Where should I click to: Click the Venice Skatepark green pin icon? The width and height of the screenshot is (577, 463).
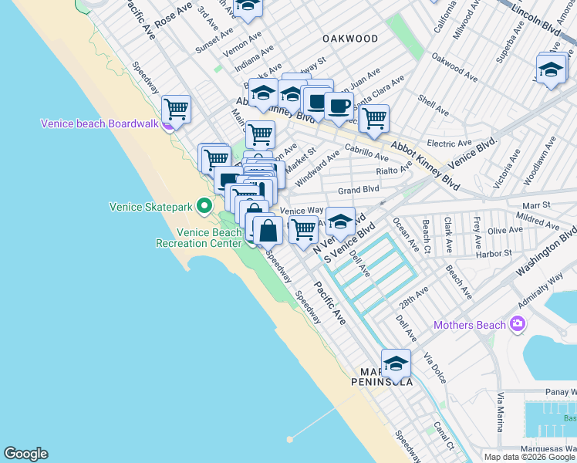(x=204, y=206)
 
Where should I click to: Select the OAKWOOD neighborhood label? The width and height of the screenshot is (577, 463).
(x=350, y=39)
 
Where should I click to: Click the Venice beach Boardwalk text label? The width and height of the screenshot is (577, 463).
(x=99, y=123)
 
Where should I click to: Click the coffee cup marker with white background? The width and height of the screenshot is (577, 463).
(x=339, y=105)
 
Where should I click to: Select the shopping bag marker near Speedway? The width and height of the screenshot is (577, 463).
(x=268, y=230)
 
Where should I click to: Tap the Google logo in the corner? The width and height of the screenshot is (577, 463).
(x=25, y=454)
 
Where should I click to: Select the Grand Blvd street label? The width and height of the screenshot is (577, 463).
(x=359, y=189)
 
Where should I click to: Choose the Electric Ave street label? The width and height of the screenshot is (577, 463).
(x=449, y=144)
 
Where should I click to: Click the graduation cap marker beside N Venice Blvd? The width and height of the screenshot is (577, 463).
(x=340, y=221)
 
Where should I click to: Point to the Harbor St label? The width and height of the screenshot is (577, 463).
(x=494, y=253)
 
